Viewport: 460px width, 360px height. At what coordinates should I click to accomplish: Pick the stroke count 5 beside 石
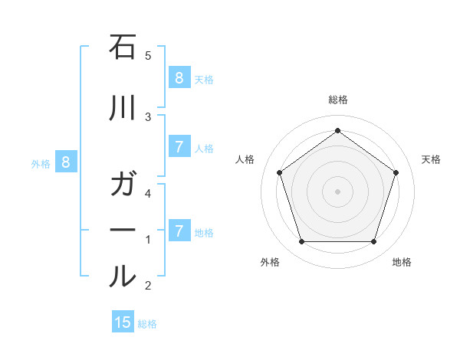tap(148, 56)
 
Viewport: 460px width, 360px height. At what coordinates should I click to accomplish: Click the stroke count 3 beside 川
tap(148, 116)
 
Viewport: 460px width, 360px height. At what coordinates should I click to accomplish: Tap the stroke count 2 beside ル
tap(148, 286)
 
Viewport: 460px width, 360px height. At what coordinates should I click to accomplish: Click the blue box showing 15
tap(123, 322)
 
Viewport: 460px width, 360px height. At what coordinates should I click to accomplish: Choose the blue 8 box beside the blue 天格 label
tap(179, 77)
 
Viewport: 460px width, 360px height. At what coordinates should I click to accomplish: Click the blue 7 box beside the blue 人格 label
tap(179, 147)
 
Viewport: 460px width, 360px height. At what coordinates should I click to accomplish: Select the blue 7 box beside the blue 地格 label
tap(179, 231)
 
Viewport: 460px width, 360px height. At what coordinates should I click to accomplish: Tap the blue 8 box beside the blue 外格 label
tap(66, 162)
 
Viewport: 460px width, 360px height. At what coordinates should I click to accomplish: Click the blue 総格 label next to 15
tap(147, 324)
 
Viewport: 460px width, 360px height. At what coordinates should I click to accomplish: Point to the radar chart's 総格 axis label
tap(337, 100)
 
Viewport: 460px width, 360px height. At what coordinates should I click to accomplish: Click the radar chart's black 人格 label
tap(245, 159)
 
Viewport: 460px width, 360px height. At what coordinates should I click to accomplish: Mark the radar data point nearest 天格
tap(396, 172)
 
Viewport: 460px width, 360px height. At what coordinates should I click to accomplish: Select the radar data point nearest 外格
tap(301, 242)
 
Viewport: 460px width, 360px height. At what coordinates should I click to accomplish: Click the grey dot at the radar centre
tap(337, 191)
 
